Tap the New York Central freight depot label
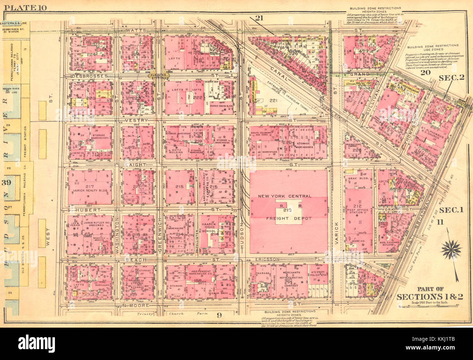click(290, 207)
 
